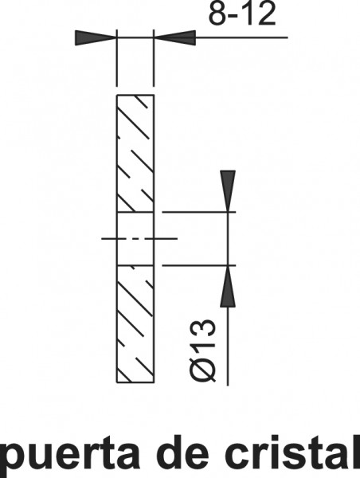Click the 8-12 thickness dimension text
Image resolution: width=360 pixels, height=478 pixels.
pos(242,14)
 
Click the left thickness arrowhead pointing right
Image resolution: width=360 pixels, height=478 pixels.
pos(96,37)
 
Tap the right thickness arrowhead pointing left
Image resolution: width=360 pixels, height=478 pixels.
pos(174,37)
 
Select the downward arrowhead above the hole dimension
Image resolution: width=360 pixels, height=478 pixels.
pos(228,191)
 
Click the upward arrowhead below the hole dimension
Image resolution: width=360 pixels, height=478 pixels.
pos(228,286)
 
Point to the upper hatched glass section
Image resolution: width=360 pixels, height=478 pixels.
pos(135,153)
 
